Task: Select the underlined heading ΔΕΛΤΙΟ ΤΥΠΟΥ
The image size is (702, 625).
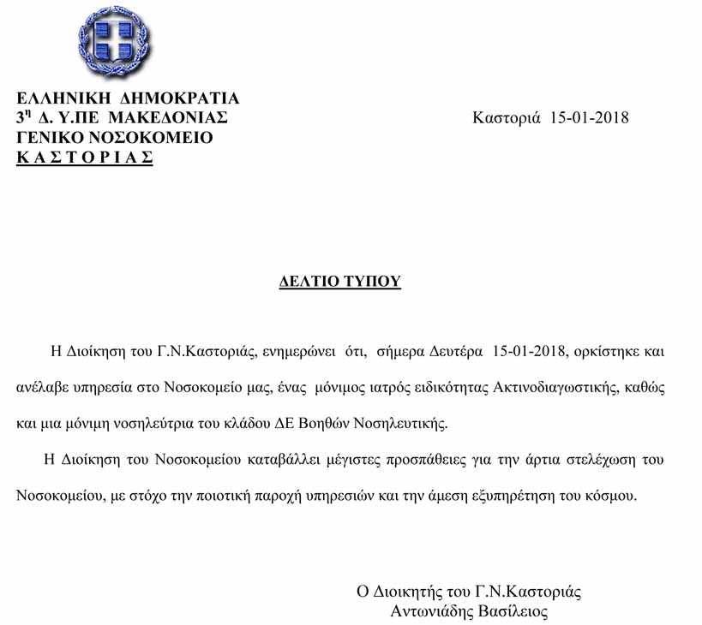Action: [340, 283]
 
